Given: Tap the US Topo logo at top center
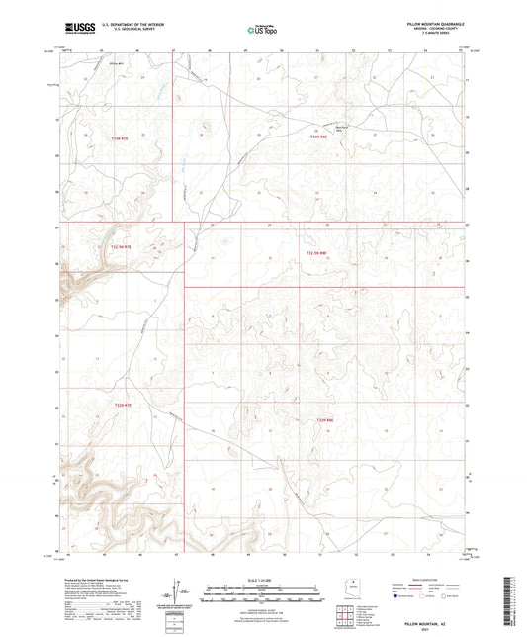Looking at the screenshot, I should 262,31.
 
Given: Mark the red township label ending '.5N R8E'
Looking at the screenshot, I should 316,253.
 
